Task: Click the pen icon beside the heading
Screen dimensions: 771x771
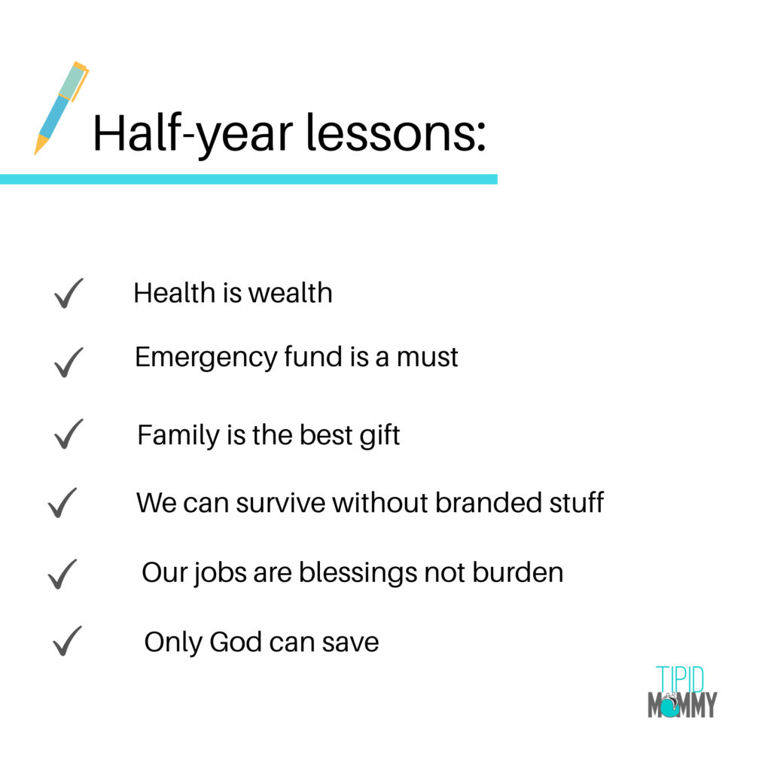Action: click(60, 109)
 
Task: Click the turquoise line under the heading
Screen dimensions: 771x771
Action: click(248, 179)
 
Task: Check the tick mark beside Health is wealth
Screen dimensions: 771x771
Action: click(69, 294)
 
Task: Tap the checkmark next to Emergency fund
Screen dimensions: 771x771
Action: click(69, 362)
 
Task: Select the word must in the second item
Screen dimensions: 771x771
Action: click(428, 358)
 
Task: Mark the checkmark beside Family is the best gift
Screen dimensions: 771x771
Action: click(69, 434)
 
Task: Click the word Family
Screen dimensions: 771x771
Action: click(178, 436)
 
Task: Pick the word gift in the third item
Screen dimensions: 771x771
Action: click(379, 436)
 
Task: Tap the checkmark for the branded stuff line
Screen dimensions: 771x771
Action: click(62, 503)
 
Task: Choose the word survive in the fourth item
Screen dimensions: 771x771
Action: click(281, 503)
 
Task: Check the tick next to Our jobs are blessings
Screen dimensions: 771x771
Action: click(62, 574)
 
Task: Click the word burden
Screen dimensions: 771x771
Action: click(518, 572)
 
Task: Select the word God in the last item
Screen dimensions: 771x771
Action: click(235, 642)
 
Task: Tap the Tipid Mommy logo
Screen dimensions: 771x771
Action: click(682, 692)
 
